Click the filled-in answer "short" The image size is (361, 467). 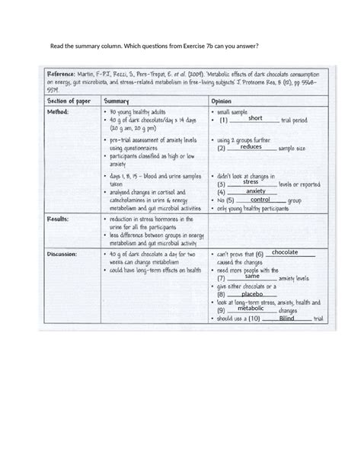(254, 119)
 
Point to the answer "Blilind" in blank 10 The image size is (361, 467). (286, 318)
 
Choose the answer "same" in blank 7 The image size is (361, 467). (252, 276)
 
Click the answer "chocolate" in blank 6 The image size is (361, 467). (284, 251)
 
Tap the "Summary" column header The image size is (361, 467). (117, 100)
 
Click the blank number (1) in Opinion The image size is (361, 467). (223, 120)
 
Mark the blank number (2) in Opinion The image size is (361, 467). (223, 149)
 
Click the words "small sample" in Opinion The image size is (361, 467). (232, 111)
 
